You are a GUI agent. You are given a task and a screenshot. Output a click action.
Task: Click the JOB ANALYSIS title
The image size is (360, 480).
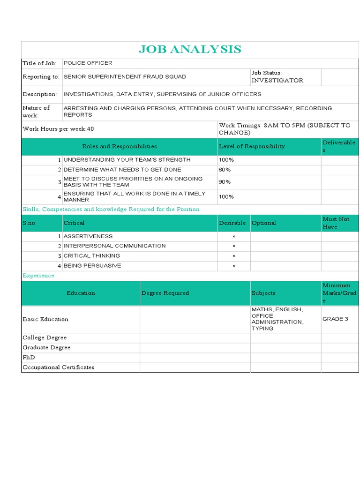click(x=190, y=49)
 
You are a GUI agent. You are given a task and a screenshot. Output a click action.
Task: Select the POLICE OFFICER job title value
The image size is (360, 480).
click(x=88, y=63)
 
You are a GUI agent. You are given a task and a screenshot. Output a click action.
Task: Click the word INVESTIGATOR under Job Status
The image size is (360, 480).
click(x=277, y=81)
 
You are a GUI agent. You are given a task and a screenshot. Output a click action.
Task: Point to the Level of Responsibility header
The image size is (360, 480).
click(x=252, y=146)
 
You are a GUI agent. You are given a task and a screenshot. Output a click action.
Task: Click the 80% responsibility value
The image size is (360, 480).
click(x=225, y=170)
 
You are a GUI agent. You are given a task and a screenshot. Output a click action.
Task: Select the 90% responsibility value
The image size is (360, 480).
click(x=225, y=182)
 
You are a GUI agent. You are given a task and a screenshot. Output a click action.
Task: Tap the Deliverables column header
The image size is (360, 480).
click(x=339, y=146)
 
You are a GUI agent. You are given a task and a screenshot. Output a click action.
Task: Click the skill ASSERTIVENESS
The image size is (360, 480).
click(x=88, y=236)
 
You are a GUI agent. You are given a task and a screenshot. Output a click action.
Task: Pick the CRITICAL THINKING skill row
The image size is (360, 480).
click(x=91, y=256)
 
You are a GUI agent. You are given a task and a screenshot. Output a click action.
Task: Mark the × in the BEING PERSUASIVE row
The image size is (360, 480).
click(x=234, y=266)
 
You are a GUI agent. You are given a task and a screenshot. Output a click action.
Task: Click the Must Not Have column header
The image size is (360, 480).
click(x=336, y=223)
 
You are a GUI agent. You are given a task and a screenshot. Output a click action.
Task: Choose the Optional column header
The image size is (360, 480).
click(x=263, y=223)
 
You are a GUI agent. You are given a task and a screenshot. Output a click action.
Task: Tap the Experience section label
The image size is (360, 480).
click(x=38, y=276)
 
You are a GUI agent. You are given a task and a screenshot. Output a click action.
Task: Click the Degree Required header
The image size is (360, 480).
click(x=165, y=293)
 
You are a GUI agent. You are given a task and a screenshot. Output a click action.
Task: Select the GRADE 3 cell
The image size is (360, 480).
click(x=335, y=319)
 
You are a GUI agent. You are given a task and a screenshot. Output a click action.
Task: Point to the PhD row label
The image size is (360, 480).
click(x=29, y=357)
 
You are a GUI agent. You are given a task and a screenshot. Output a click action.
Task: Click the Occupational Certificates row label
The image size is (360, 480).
click(x=58, y=367)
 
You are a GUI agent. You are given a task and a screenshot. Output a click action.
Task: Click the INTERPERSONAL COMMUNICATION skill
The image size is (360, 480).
click(x=114, y=246)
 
